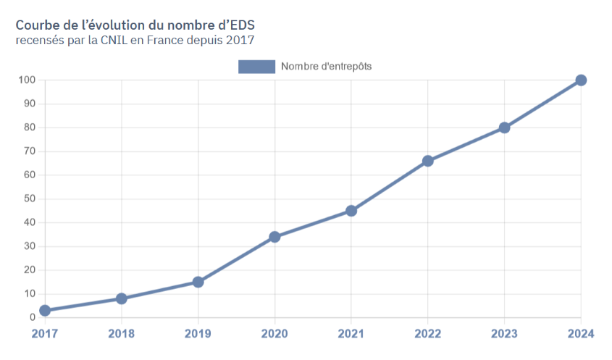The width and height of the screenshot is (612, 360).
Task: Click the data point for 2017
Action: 45,310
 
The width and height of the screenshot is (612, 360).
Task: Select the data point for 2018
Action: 122,298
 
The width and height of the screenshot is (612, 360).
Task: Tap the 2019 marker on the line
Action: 198,282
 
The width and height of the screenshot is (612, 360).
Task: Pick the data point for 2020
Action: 274,237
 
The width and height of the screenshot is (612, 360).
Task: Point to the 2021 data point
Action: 351,211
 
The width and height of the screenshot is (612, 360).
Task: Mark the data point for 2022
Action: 428,161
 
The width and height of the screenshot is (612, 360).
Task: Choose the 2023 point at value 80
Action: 504,127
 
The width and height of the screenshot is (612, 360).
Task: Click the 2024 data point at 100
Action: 581,80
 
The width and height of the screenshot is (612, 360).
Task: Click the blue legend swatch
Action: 256,67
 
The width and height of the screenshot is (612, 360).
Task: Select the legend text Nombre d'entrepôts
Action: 326,67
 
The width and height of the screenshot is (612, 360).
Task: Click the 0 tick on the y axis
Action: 33,317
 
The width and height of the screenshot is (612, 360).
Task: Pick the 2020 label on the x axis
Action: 274,334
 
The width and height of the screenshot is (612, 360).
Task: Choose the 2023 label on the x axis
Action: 504,334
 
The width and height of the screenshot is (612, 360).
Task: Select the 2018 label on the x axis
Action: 122,334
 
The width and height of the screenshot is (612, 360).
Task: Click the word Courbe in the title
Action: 36,24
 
